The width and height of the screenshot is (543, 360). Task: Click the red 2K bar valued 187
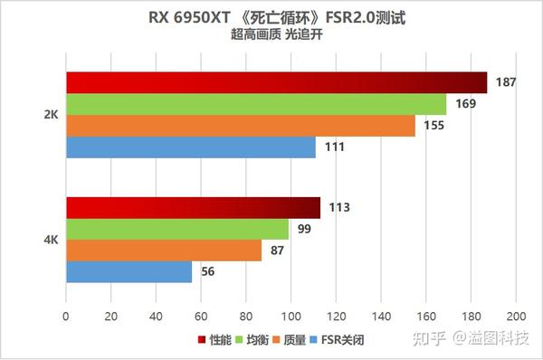coord(276,82)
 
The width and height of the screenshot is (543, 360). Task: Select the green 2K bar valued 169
coord(256,104)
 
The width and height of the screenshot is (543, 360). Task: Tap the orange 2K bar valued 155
coord(240,126)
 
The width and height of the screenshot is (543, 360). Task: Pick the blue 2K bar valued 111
coord(190,147)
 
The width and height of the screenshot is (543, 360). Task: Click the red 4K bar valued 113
coord(193,207)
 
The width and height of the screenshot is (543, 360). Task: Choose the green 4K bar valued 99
coord(177,229)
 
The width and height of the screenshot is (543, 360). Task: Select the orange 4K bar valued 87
coord(164,251)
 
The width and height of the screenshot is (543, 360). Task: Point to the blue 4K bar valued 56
coord(129,271)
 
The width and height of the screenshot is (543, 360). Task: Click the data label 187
coord(507,82)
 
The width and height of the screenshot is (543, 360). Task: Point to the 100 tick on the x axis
coord(291,317)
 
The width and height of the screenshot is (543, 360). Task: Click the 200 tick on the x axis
coord(515,317)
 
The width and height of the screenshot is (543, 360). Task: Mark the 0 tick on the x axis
coord(66,317)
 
